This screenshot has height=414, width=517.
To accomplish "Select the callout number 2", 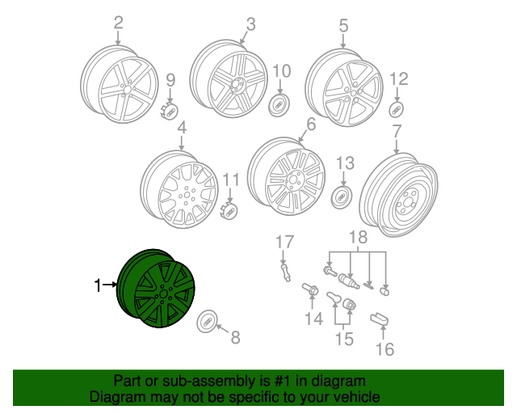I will [x=119, y=23].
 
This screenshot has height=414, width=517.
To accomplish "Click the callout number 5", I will [x=343, y=26].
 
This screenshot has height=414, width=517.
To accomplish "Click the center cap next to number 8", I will [x=206, y=321].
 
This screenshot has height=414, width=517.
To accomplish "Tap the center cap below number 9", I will [x=170, y=108].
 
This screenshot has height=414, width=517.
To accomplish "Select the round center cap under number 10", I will [x=280, y=105].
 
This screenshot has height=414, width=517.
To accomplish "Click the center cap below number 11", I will [x=230, y=209].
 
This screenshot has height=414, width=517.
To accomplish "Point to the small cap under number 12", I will [x=397, y=109].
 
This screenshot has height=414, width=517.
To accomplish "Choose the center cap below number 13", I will [x=344, y=197].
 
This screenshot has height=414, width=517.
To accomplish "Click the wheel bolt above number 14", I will [x=310, y=289].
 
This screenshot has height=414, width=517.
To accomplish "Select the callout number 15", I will [x=344, y=340].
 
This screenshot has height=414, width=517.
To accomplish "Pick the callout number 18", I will [x=357, y=236].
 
